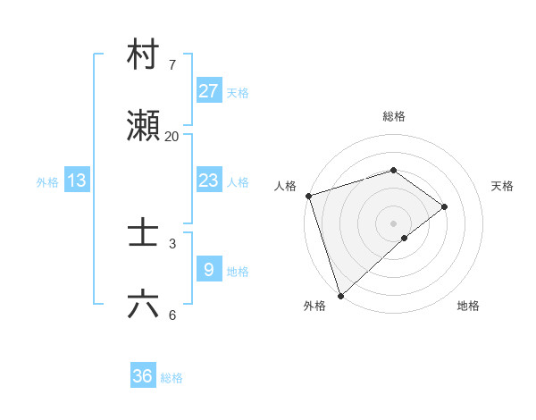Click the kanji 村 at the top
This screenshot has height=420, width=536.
144,55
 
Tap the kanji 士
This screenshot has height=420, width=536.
144,233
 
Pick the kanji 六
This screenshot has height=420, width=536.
144,305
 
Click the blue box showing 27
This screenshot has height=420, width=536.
208,90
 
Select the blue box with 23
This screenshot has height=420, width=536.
208,180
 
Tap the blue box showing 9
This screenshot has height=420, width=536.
208,269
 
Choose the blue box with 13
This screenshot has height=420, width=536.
77,181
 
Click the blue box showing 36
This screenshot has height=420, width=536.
143,376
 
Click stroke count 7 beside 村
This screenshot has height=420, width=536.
172,64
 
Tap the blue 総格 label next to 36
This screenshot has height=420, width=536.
172,378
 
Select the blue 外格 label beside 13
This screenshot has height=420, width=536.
47,181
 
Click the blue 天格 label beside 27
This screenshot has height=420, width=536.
238,92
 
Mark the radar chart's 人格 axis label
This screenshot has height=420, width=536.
285,186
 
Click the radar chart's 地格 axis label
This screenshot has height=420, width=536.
468,307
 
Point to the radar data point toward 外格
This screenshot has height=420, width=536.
340,295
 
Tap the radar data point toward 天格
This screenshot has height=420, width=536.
444,206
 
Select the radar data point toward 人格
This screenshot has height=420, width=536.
308,196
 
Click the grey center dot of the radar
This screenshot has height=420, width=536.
393,223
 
